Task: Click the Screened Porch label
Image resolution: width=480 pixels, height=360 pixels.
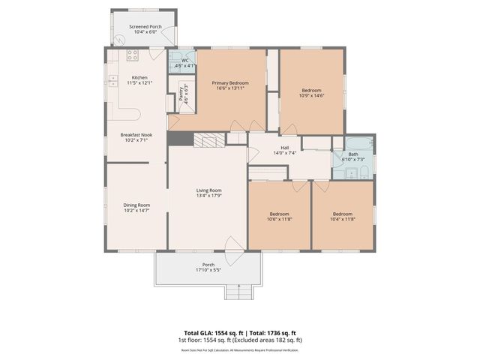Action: pos(145,26)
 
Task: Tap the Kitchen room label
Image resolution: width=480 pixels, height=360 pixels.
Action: pos(139,77)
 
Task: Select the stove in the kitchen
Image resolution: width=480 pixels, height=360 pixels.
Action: pos(133,55)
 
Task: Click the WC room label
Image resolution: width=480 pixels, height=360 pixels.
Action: pos(184,60)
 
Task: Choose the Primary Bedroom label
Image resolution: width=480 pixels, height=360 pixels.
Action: pos(229,82)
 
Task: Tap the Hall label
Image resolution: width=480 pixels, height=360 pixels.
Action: pos(285,148)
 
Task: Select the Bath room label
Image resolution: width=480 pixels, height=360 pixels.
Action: pos(352,154)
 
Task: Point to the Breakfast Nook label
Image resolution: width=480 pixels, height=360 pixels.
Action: pos(136,135)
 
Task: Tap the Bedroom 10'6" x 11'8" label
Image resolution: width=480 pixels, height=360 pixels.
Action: pos(279,217)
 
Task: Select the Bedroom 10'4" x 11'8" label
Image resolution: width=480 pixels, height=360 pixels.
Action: pos(342,217)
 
